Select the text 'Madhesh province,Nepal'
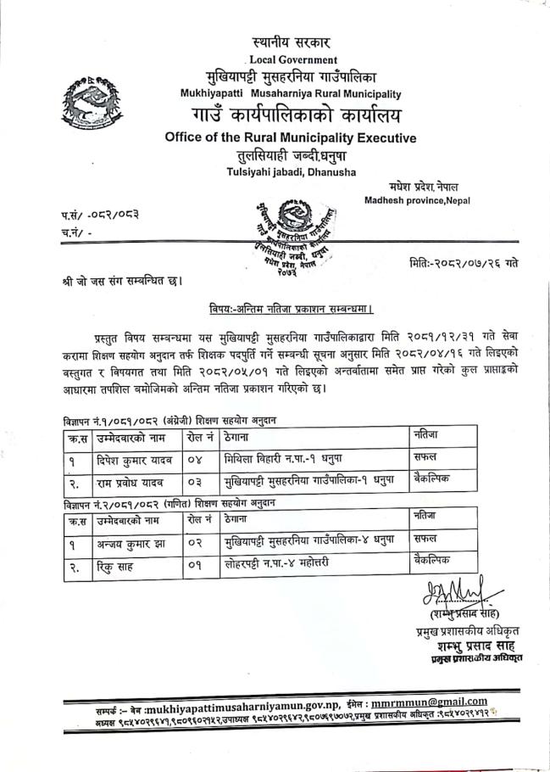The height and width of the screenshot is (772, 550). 417,200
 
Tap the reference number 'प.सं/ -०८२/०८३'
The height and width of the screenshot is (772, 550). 94,215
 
